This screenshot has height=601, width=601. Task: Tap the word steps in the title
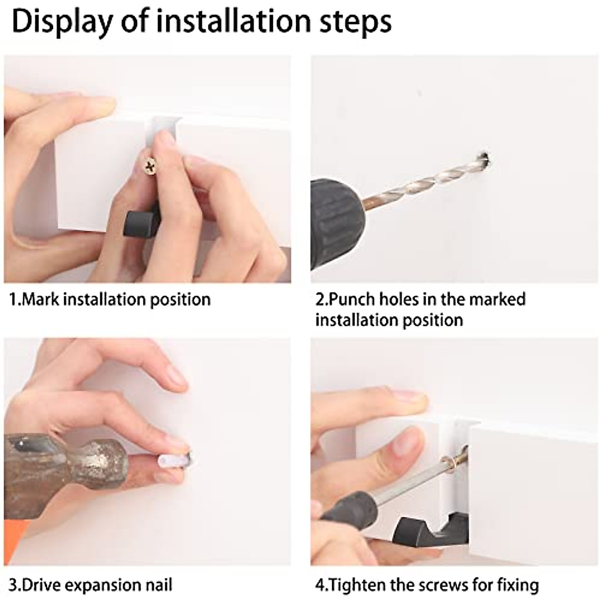pos(356,23)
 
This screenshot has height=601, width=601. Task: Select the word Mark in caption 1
pos(41,299)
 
